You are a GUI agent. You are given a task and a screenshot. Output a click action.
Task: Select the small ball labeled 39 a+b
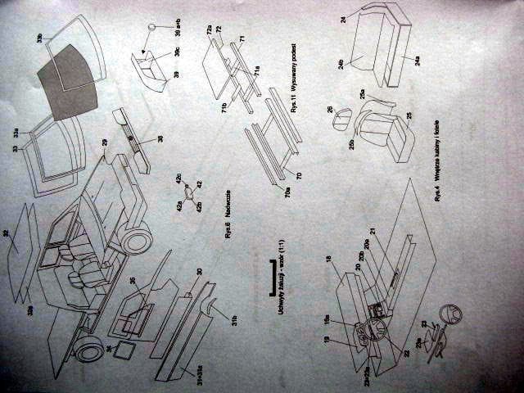[151, 28]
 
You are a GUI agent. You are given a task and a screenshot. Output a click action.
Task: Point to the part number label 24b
[339, 61]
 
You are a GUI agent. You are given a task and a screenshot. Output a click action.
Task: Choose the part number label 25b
[351, 144]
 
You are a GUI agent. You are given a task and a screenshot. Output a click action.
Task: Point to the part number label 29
[105, 142]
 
